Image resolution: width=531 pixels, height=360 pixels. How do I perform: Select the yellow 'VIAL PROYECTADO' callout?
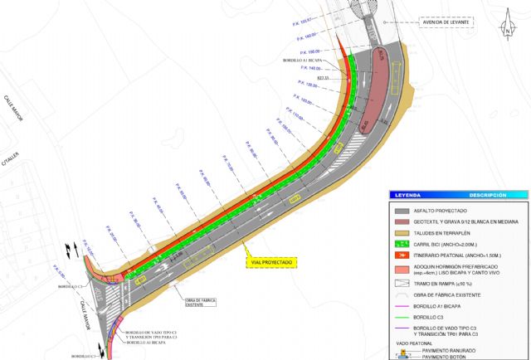coord(272,261)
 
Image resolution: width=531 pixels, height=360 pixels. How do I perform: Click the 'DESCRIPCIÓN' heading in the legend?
coord(487,195)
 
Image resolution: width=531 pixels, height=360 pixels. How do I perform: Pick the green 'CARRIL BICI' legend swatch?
coord(406,246)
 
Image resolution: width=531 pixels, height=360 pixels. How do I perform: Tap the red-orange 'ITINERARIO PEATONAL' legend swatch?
coord(406,258)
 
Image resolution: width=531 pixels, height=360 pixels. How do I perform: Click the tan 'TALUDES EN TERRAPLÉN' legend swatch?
coord(406,235)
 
